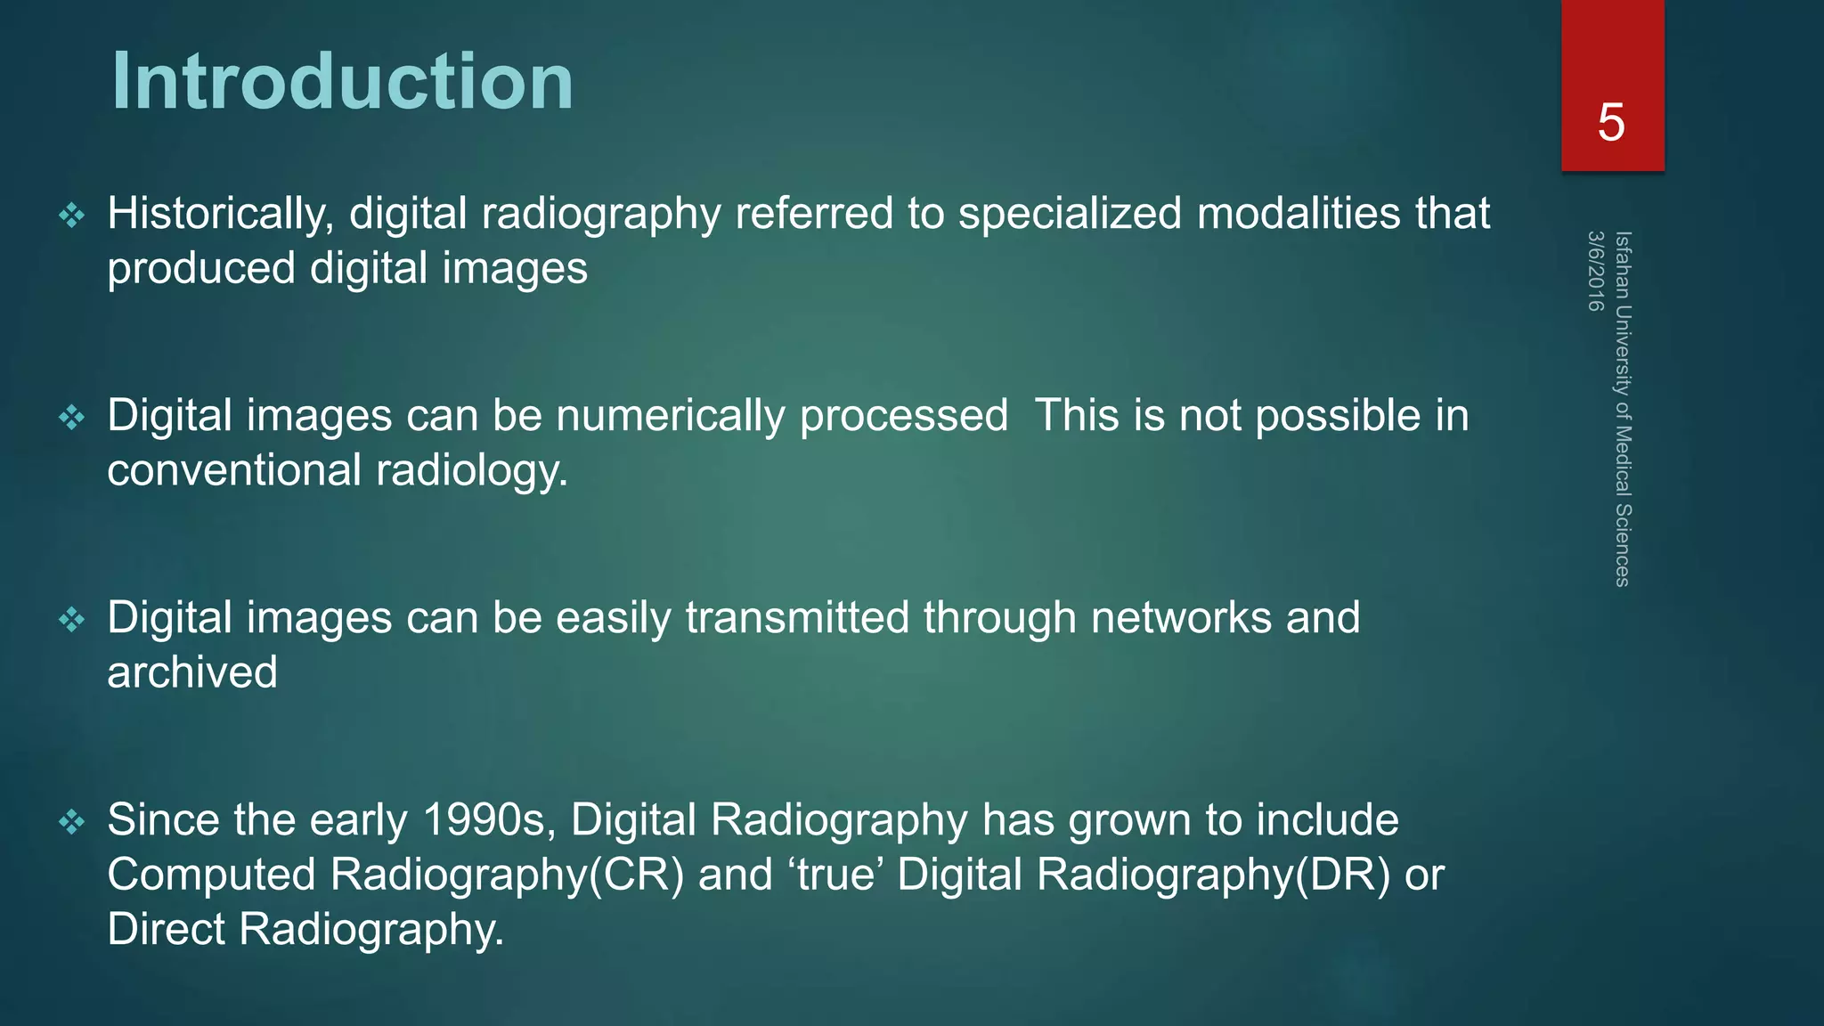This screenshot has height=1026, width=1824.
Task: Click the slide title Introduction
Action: coord(342,81)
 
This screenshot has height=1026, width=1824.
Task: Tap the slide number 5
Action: coord(1611,122)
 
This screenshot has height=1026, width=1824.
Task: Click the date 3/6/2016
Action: coord(1594,272)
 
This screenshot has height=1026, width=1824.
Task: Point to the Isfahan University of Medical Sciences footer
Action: coord(1623,409)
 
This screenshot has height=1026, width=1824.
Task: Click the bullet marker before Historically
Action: coord(71,215)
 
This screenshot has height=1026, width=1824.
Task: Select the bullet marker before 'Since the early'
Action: coord(71,821)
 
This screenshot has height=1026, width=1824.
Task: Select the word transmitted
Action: coord(797,618)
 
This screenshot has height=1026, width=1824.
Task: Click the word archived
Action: coord(192,672)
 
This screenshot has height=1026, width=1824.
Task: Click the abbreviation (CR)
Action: coord(637,875)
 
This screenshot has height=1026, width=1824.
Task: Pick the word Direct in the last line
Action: coord(167,929)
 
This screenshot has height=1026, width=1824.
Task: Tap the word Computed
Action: coord(212,875)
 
